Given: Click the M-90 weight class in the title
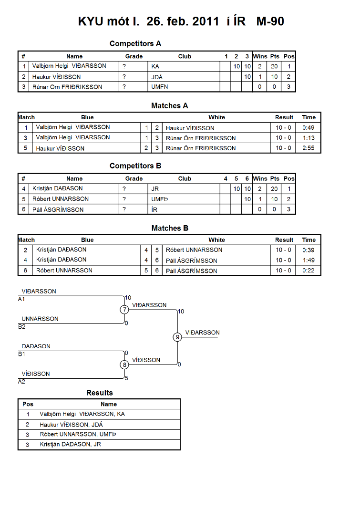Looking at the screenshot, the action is coord(270,21).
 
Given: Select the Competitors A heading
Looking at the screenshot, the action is coord(135,43).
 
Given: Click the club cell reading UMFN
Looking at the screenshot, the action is coord(159,87).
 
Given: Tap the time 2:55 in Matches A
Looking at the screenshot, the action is coord(309,148).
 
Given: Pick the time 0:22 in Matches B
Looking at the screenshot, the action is coord(309,271).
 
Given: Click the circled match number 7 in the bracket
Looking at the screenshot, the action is coord(124,310).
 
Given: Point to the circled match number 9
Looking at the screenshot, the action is coord(177,337).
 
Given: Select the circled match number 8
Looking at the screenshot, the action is coord(124,365).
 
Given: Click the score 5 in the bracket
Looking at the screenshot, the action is coord(126,378).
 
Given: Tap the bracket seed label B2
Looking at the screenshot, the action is coord(22,326).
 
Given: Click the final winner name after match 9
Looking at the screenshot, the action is coord(202,333).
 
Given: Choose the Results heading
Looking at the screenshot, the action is coord(100,393).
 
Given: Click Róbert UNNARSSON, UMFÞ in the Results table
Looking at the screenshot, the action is coord(78,434).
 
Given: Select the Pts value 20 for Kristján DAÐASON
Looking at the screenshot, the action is coord(274,188).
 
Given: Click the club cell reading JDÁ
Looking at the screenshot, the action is coord(157,77).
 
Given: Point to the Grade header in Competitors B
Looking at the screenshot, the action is coord(134,178).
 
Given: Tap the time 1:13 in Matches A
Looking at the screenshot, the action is coord(309,138).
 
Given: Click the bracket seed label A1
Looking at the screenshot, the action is coord(21,299).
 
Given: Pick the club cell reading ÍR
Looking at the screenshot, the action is coord(154,209).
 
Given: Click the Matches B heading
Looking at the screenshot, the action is coord(170,229).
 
